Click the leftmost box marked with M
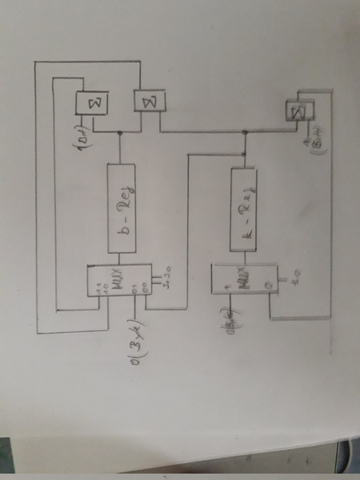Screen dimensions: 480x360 pos(91,102)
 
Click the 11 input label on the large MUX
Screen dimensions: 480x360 pos(99,287)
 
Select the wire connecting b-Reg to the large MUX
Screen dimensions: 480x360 pos(120,257)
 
